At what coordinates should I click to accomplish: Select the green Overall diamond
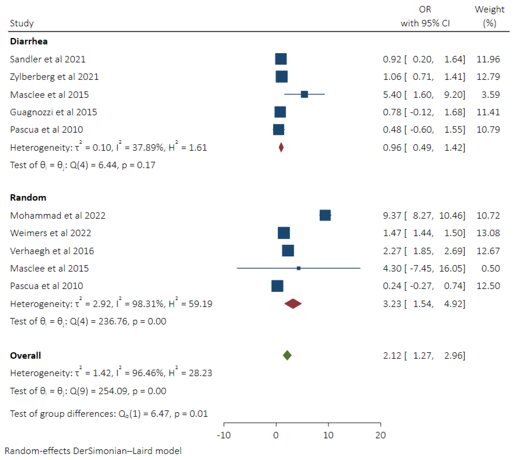coord(287,355)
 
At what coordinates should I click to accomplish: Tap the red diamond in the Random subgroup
coord(293,304)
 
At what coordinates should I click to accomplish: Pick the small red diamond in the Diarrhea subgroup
coord(281,147)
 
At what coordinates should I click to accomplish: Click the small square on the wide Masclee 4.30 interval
coord(299,268)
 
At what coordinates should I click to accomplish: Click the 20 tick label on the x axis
coord(380,435)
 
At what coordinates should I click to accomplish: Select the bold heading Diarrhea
coord(29,41)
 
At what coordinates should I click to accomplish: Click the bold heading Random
coord(28,197)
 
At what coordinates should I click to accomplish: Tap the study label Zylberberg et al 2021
coord(54,77)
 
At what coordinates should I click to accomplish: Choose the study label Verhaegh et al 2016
coord(52,251)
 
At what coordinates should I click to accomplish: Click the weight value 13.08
coord(488,233)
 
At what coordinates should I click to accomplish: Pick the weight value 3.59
coord(490,95)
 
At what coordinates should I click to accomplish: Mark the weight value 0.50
coord(490,268)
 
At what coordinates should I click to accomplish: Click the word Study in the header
coord(21,23)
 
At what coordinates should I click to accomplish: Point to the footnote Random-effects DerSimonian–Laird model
coord(93,451)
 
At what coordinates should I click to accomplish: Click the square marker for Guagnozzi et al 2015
coord(280,112)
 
